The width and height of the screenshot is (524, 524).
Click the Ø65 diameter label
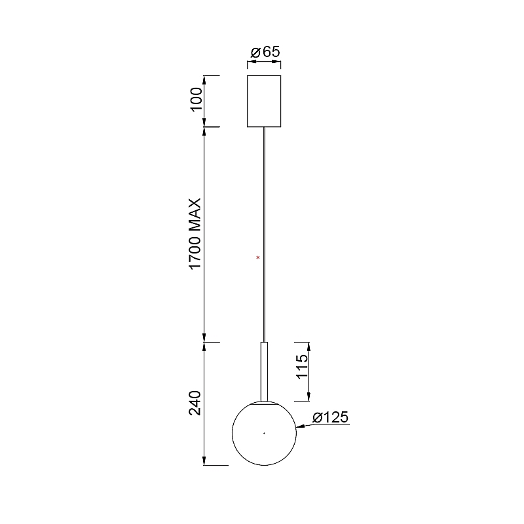pyautogui.click(x=265, y=52)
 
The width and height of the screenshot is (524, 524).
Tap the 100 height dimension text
pyautogui.click(x=196, y=100)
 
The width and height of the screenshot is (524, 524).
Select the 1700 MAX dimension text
pyautogui.click(x=195, y=233)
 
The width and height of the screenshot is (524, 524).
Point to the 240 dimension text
pyautogui.click(x=195, y=403)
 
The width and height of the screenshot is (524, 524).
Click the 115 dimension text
pyautogui.click(x=302, y=367)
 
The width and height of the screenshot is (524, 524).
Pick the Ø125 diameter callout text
pyautogui.click(x=331, y=417)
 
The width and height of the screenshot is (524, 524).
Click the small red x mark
pyautogui.click(x=257, y=257)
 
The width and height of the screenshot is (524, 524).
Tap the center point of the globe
pyautogui.click(x=264, y=433)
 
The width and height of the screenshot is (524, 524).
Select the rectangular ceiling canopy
pyautogui.click(x=264, y=102)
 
